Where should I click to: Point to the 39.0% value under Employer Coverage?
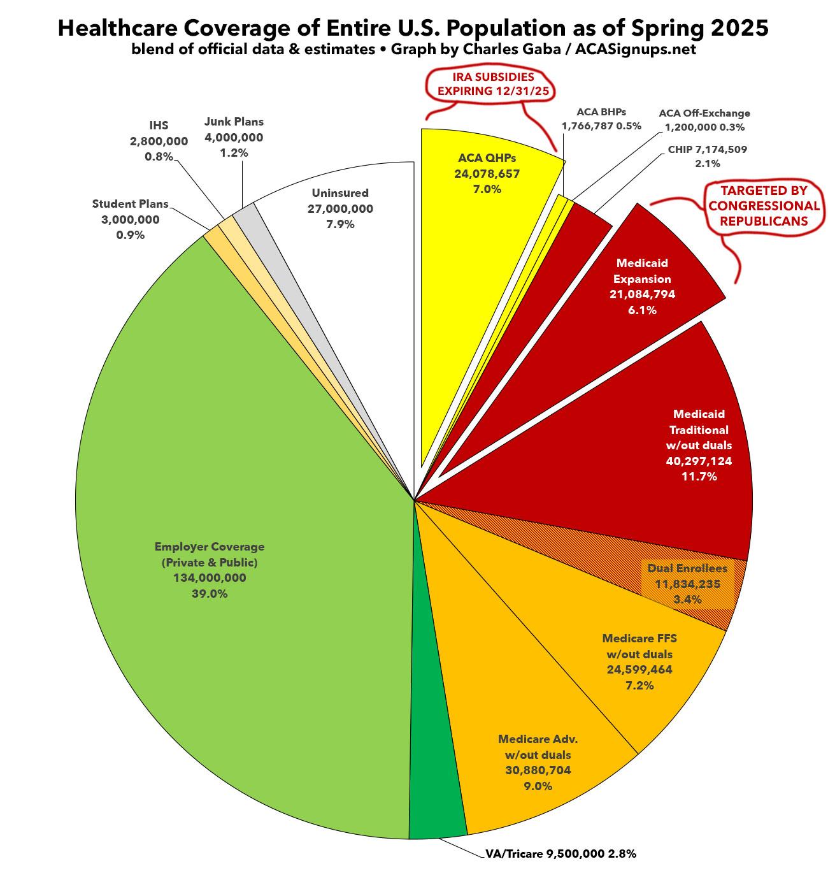click(210, 594)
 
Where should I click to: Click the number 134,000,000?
click(210, 578)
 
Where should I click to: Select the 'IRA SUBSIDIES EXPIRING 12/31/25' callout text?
click(489, 83)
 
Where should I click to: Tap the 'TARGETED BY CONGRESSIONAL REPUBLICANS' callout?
click(764, 205)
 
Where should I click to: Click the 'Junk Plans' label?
click(234, 121)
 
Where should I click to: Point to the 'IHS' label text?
click(159, 126)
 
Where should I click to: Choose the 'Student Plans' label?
click(130, 204)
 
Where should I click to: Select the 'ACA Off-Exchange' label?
click(704, 113)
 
